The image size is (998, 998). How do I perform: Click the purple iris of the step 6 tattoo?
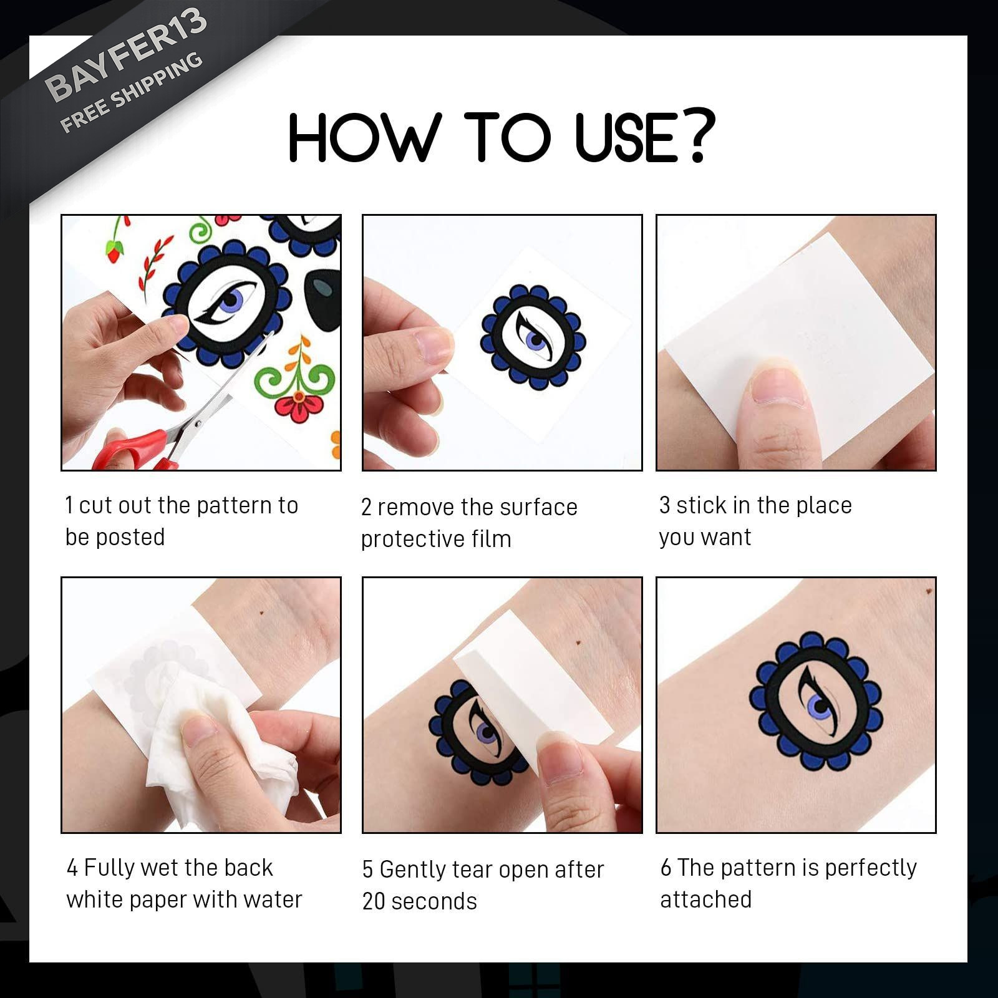(818, 705)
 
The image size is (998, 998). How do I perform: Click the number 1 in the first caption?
(69, 505)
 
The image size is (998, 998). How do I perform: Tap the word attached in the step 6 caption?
(706, 899)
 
